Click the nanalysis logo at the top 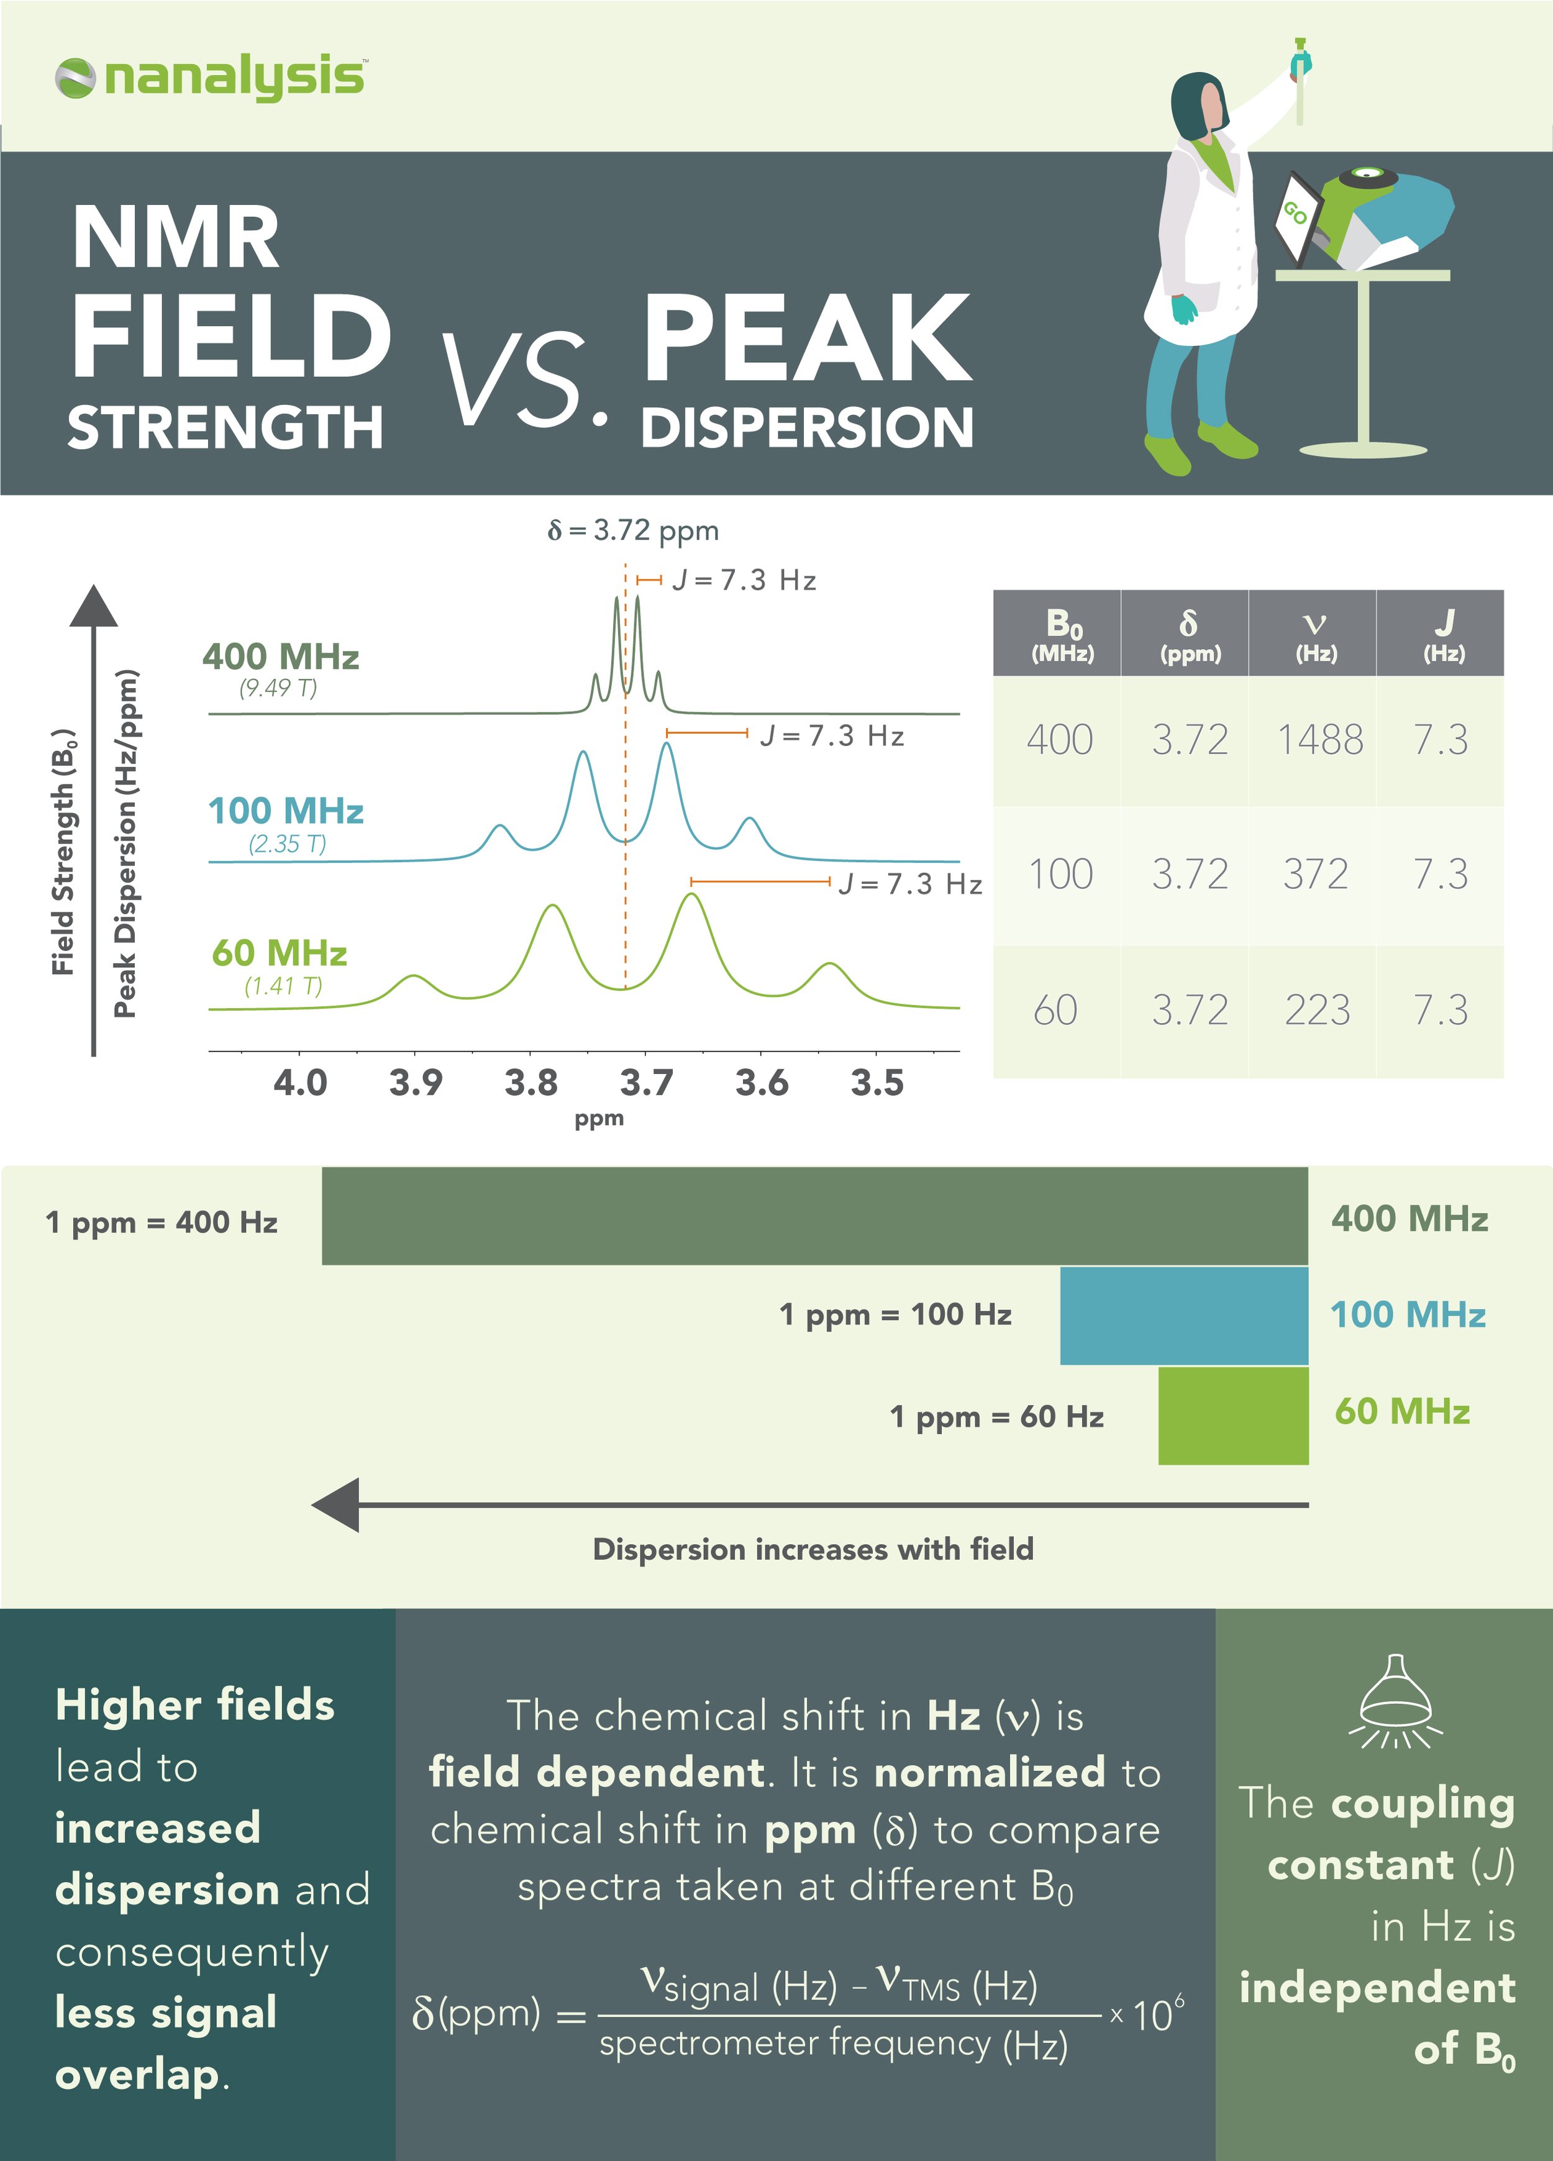[x=209, y=78]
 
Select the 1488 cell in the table [x=1319, y=740]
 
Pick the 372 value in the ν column [x=1315, y=875]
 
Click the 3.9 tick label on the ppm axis [x=416, y=1083]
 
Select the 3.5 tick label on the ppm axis [x=877, y=1083]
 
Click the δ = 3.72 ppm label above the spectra [x=634, y=530]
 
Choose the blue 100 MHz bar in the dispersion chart [x=1183, y=1315]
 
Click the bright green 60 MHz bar [x=1233, y=1416]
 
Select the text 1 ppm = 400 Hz [x=162, y=1222]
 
